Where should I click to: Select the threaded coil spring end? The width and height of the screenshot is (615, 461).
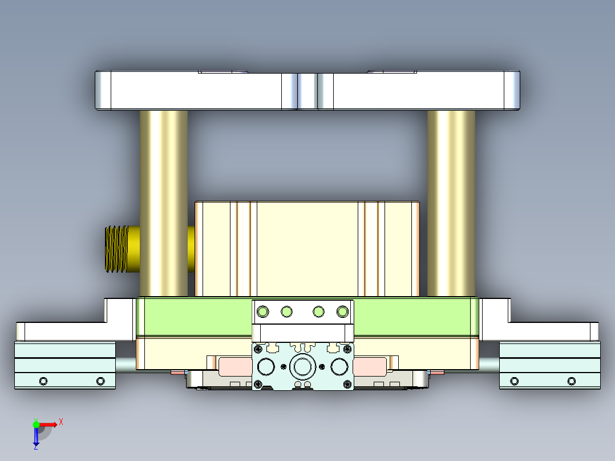tap(117, 249)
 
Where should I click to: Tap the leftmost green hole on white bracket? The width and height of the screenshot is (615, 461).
tap(262, 312)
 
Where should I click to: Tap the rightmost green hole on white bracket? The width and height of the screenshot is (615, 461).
tap(342, 312)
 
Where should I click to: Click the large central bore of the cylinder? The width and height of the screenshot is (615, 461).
tap(302, 366)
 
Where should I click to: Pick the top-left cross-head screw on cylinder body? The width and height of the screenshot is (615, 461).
tap(258, 348)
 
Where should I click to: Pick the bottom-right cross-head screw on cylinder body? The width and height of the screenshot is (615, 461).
tap(347, 384)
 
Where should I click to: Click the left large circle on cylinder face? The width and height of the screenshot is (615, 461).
tap(266, 366)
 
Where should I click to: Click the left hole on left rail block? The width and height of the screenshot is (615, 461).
tap(43, 381)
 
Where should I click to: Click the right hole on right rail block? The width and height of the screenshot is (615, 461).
tap(572, 381)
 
